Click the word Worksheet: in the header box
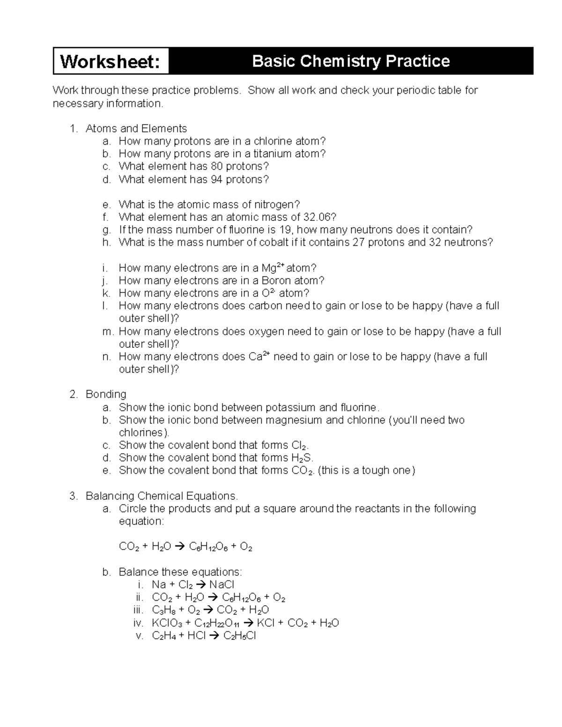(111, 61)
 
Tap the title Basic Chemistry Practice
(351, 61)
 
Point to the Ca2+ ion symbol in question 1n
(259, 356)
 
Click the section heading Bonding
(106, 394)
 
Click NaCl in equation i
(222, 585)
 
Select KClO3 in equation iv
(167, 623)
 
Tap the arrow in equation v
(214, 636)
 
